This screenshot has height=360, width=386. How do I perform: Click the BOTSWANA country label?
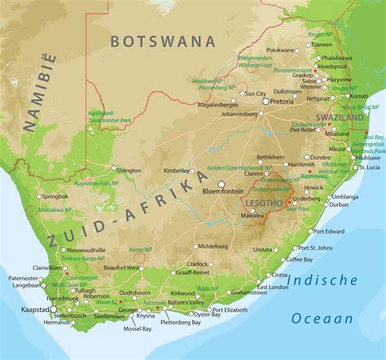[x=163, y=40]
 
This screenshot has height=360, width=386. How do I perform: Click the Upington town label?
[x=129, y=171]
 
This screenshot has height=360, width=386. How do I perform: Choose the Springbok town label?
[x=55, y=196]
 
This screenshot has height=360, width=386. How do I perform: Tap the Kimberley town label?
[x=178, y=171]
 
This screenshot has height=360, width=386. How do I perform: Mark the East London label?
[x=272, y=288]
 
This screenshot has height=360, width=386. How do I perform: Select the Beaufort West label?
[x=123, y=267]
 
